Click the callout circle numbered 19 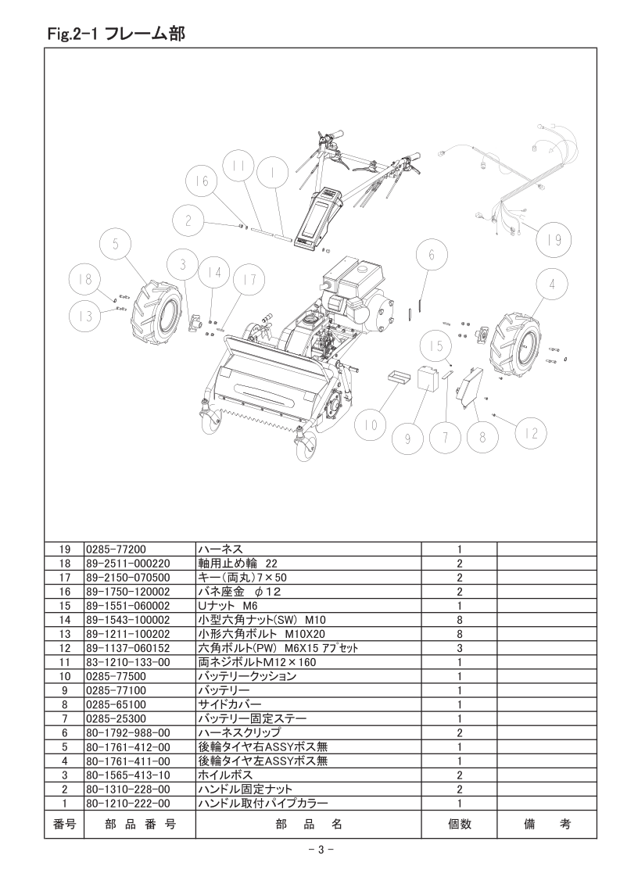click(x=553, y=241)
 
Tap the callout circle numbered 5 click(x=115, y=245)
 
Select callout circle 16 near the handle click(x=202, y=181)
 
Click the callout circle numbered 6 click(x=432, y=256)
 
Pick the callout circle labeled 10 click(x=371, y=426)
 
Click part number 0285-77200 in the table click(x=116, y=549)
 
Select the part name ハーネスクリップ click(x=239, y=732)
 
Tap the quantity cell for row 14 click(x=460, y=620)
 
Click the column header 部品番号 click(x=140, y=824)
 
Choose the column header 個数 click(x=460, y=824)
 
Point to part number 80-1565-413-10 click(x=128, y=775)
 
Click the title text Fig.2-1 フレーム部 click(x=116, y=34)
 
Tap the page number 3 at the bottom click(x=321, y=850)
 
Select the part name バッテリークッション click(x=247, y=676)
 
